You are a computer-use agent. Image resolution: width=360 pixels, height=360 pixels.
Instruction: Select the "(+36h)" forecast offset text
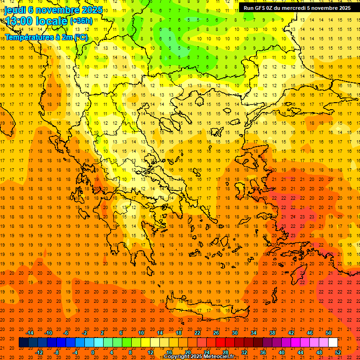pos(81,21)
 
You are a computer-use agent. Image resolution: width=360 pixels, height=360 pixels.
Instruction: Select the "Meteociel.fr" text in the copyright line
pos(219,357)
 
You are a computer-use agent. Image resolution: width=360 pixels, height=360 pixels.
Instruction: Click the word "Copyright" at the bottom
pos(177,357)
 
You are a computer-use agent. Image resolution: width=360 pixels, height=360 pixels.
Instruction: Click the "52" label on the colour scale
pos(338,352)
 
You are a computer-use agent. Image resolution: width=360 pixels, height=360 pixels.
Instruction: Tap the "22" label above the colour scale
pos(197,333)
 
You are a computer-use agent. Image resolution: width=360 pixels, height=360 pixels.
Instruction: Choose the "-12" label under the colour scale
pos(39,352)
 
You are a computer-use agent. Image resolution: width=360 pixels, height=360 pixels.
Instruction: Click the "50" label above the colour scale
pos(329,333)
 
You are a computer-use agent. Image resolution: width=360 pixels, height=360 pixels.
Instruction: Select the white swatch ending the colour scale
pos(333,343)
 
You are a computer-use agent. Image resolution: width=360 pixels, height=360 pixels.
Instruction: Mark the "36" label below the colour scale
pos(263,352)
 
